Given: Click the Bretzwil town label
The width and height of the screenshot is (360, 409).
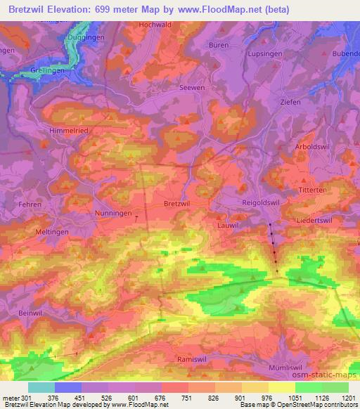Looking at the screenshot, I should (x=175, y=203).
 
